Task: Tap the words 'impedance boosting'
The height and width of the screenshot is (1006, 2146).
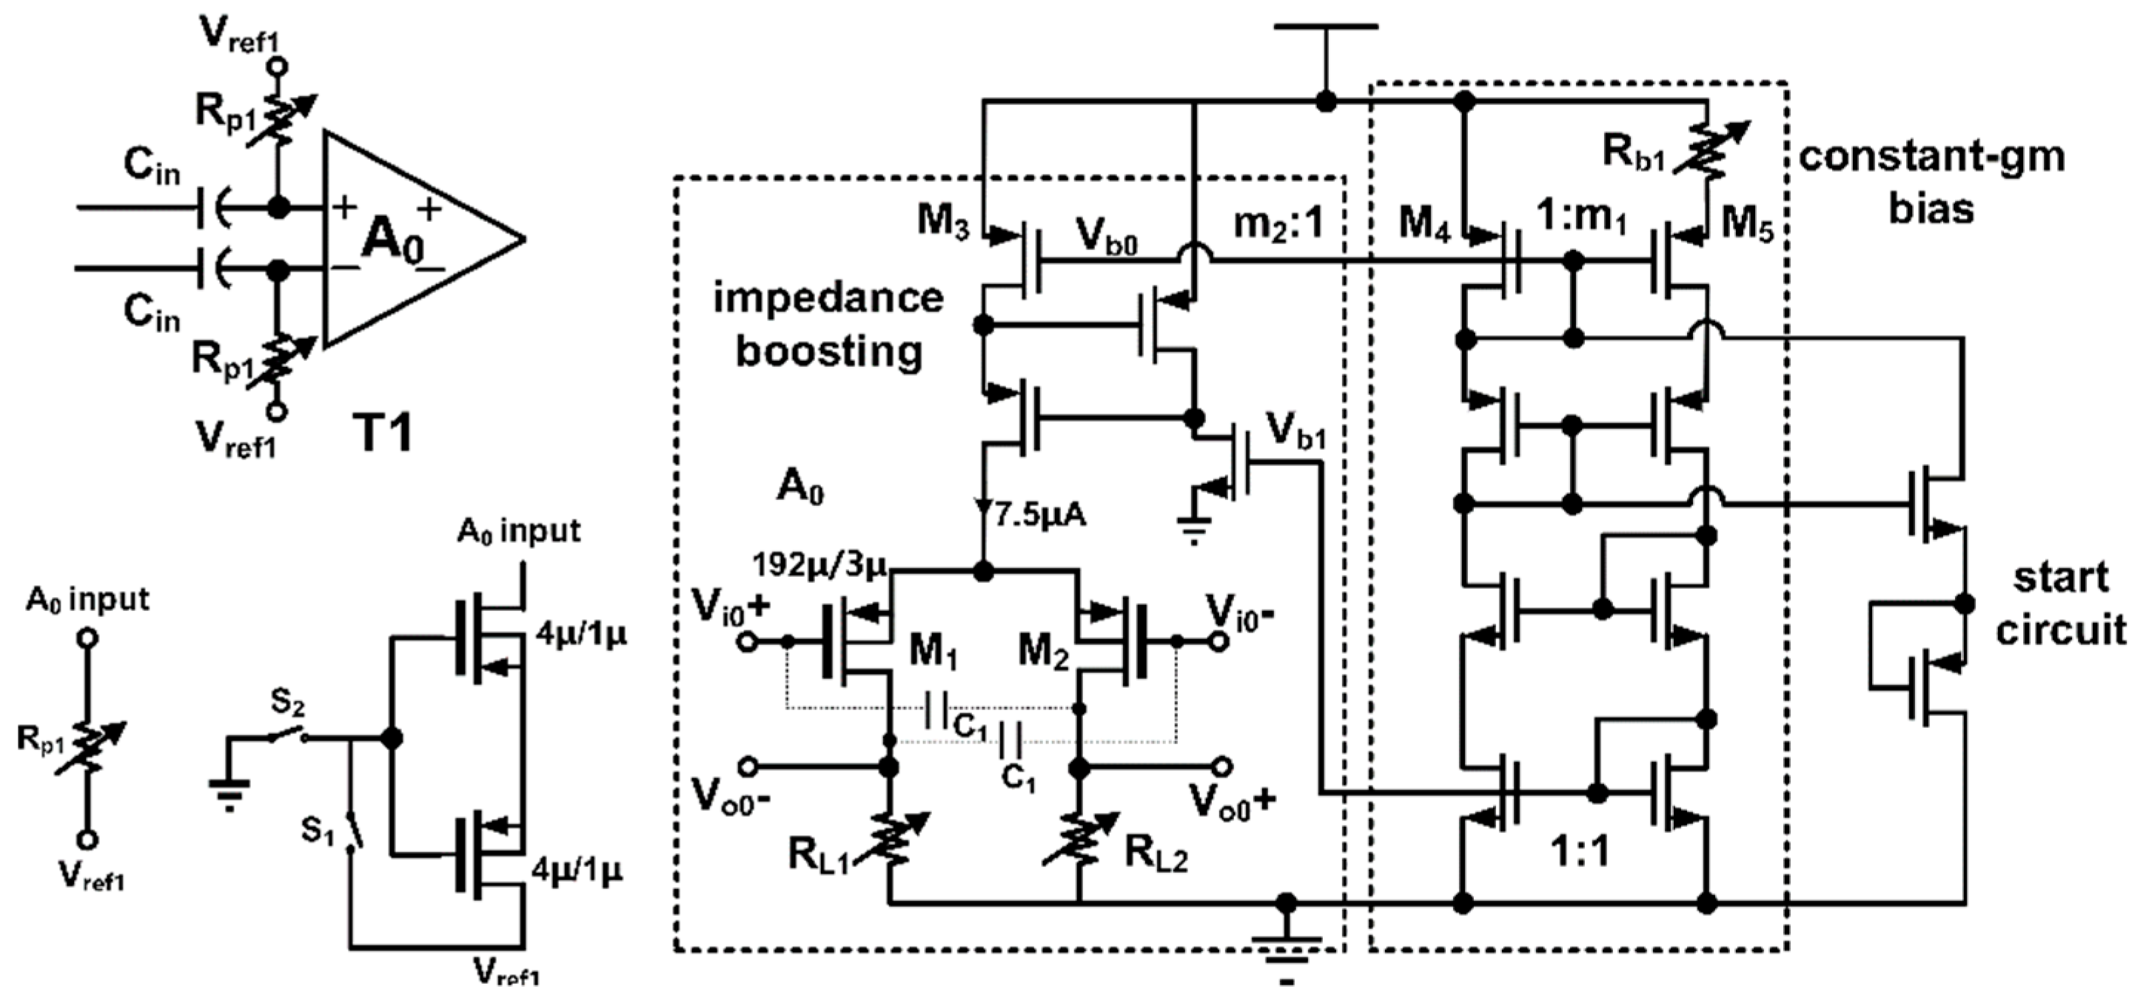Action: pos(828,325)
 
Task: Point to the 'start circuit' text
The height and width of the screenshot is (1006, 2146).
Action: pos(2060,604)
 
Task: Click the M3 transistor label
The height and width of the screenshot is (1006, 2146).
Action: pos(943,220)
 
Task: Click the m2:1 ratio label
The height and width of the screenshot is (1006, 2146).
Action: pos(1277,223)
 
